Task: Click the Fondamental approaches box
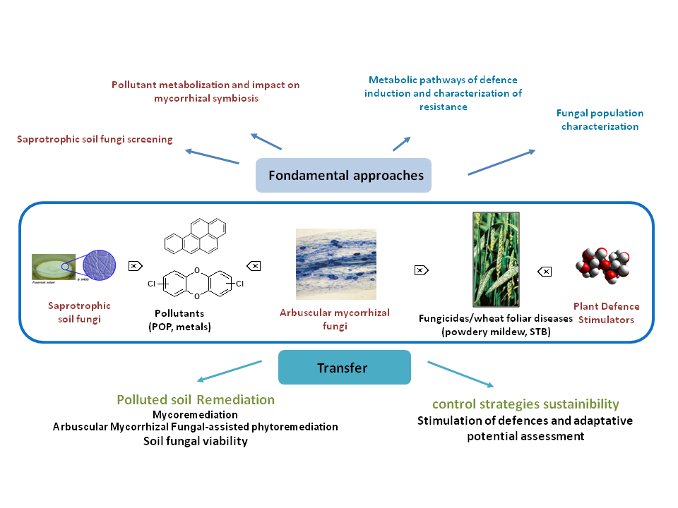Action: point(343,175)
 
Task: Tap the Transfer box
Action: point(344,367)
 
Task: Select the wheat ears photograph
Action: point(496,259)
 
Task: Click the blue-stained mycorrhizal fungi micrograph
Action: point(335,265)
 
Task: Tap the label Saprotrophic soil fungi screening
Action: point(95,140)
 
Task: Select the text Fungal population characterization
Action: point(600,120)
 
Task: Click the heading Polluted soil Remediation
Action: point(196,400)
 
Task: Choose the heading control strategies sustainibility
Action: point(525,404)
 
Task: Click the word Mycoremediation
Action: point(195,415)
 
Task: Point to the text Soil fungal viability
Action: point(195,441)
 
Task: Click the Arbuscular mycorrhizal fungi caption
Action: point(334,319)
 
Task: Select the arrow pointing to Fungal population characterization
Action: point(501,162)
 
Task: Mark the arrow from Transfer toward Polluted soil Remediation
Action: point(230,372)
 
